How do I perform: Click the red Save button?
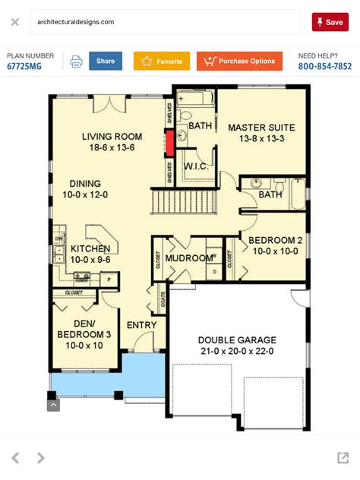pos(330,22)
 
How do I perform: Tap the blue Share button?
pos(106,62)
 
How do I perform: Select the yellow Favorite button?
pos(162,62)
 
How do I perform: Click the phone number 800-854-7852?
pos(325,67)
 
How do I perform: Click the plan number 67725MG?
pos(24,67)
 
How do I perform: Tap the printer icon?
pos(76,62)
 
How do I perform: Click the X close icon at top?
pos(14,22)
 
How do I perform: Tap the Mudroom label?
pos(189,258)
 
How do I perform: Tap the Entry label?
pos(142,326)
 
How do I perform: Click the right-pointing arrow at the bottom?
pos(41,457)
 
